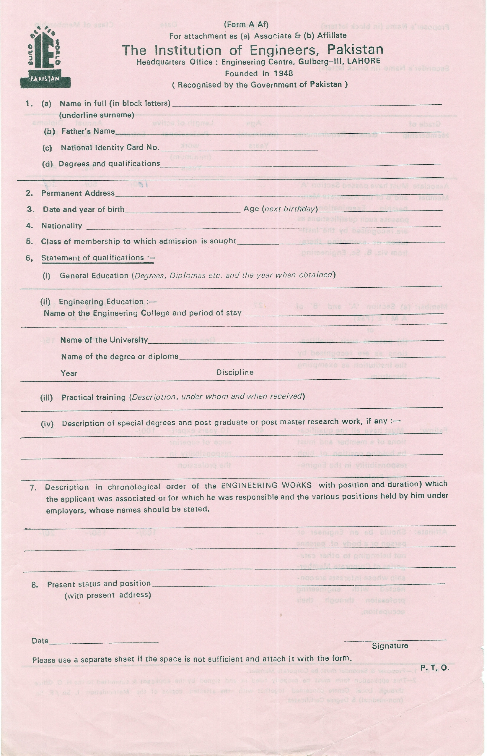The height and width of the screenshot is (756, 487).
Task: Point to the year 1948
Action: click(283, 73)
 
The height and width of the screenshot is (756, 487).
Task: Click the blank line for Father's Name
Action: click(278, 132)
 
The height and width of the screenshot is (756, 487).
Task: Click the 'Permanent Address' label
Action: click(78, 193)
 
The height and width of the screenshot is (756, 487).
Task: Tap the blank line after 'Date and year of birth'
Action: click(183, 211)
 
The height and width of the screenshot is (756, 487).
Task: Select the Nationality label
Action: click(62, 226)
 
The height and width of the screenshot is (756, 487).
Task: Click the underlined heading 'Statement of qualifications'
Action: click(93, 258)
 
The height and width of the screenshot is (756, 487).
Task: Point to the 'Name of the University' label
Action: click(104, 340)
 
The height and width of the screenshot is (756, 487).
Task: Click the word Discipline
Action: click(235, 372)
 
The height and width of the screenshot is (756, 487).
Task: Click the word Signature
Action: click(390, 646)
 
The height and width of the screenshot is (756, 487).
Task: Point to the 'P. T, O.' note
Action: click(434, 668)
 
